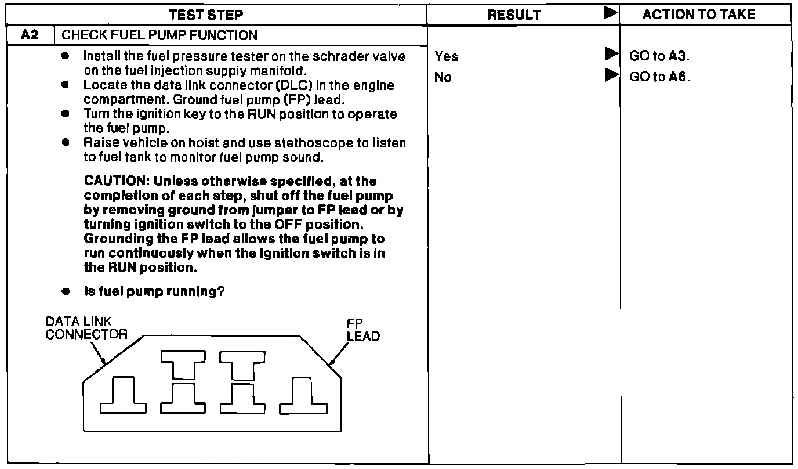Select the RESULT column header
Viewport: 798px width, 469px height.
[x=514, y=15]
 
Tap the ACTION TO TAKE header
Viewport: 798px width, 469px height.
[x=699, y=15]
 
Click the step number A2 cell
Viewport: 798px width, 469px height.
[x=30, y=35]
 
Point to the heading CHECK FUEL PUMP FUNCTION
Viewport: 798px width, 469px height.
[x=159, y=35]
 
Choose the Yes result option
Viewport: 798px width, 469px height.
[x=446, y=56]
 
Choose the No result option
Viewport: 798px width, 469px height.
[x=442, y=77]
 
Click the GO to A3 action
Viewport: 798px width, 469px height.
[x=659, y=56]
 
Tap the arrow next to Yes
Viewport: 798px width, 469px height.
[x=610, y=55]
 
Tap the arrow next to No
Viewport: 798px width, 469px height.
[x=610, y=75]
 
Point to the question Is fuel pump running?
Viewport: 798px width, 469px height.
[x=154, y=291]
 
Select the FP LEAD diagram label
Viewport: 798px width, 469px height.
[x=358, y=331]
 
